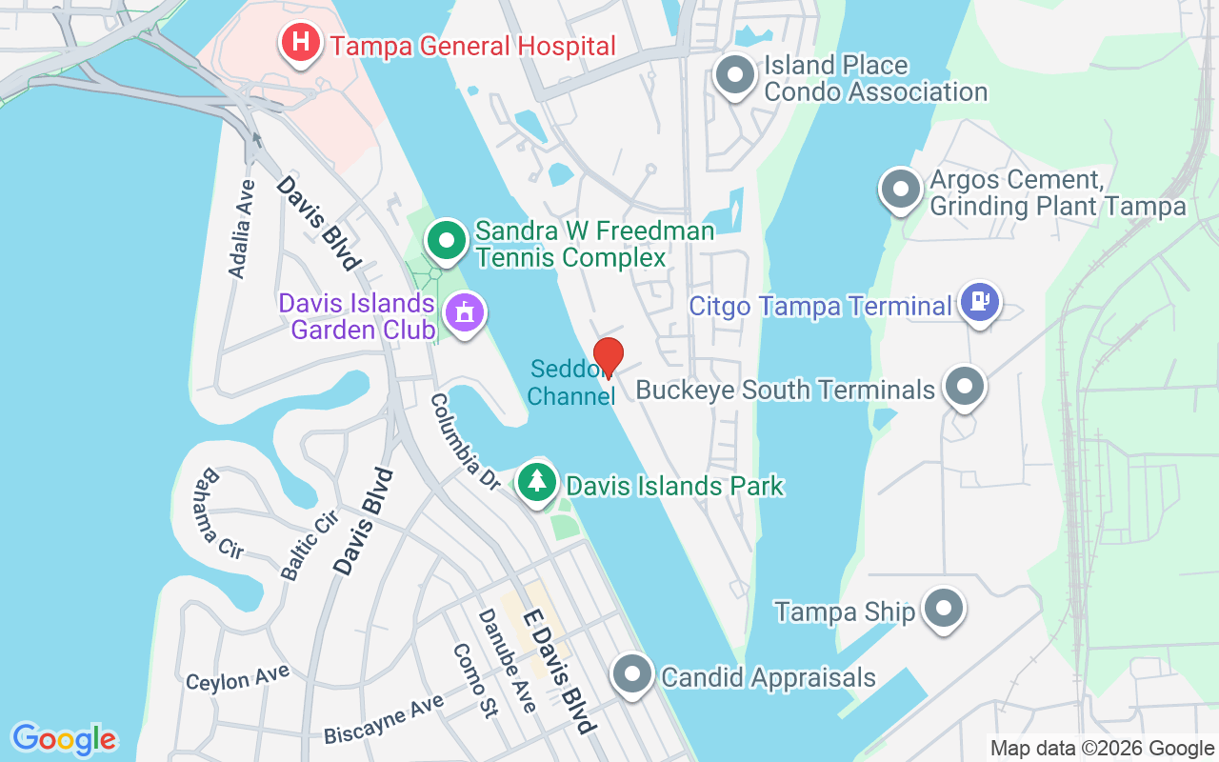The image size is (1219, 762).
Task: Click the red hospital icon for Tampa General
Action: [300, 43]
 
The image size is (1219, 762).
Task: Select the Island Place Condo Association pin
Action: [734, 77]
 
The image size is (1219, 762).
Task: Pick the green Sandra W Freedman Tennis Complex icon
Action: [445, 241]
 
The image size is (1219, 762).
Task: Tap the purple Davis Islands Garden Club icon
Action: [465, 312]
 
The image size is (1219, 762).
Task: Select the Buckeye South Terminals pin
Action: [965, 387]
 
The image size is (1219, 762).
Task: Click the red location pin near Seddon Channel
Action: [608, 356]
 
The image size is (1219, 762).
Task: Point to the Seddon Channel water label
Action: [570, 382]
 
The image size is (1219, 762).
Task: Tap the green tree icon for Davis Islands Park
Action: [538, 481]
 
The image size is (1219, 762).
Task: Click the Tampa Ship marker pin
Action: [944, 608]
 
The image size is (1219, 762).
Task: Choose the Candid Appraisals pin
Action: [630, 675]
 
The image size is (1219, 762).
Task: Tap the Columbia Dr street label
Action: [465, 442]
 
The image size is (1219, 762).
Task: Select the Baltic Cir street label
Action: [310, 544]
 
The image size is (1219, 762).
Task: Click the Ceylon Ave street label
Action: [237, 679]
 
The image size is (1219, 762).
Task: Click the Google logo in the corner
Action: [64, 739]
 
